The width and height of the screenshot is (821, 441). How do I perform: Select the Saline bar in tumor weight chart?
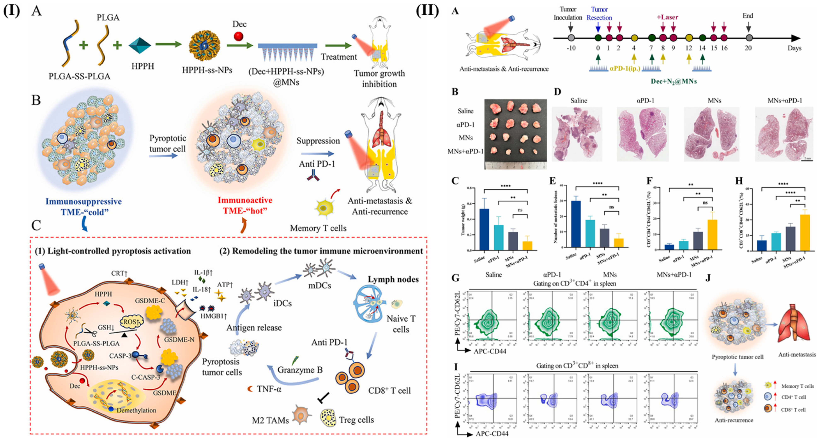pyautogui.click(x=484, y=229)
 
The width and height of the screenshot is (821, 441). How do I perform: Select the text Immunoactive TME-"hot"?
pyautogui.click(x=245, y=205)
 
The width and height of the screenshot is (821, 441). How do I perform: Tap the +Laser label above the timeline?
pyautogui.click(x=667, y=17)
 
